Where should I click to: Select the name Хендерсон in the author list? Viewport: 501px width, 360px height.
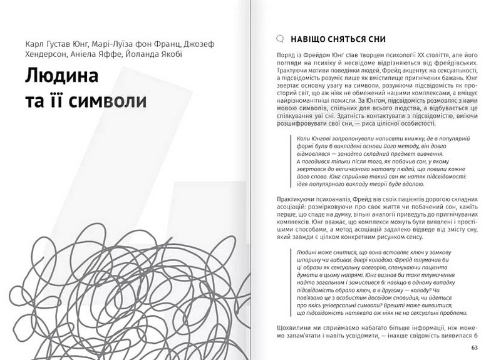click(x=48, y=56)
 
